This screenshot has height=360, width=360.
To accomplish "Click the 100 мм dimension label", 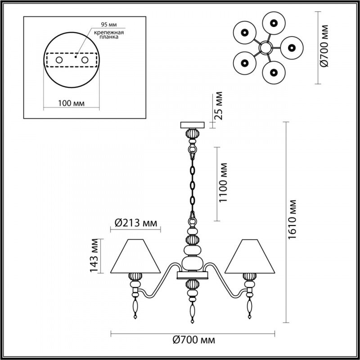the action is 72,103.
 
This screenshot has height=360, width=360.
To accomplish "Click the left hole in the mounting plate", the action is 59,59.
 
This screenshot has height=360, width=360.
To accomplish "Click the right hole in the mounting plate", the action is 85,59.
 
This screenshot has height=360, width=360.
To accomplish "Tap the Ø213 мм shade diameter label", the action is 135,222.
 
